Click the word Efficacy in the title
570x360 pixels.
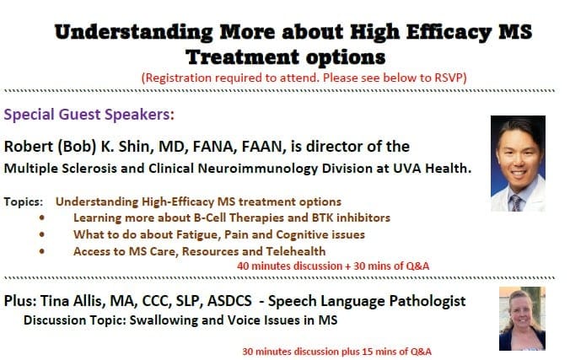point(449,32)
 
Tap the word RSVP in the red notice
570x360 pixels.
point(449,78)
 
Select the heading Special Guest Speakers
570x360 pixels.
point(89,115)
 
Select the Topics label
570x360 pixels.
point(24,201)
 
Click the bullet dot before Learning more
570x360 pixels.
point(42,218)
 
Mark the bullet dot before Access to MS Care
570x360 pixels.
point(42,251)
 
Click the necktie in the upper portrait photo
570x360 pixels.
point(516,203)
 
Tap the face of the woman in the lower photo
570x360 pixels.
point(520,309)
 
